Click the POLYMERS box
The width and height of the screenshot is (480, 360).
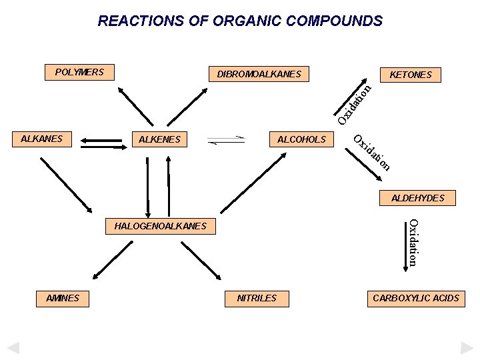click(x=79, y=72)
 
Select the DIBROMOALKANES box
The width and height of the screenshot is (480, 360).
click(x=259, y=74)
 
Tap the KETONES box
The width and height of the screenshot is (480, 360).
click(x=410, y=75)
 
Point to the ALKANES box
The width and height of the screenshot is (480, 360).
click(x=41, y=139)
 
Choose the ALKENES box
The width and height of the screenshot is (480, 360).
click(x=159, y=140)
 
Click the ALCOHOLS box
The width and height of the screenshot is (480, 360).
click(x=301, y=139)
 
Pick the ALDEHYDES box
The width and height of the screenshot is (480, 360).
click(x=417, y=198)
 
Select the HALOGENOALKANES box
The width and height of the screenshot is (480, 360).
click(x=160, y=227)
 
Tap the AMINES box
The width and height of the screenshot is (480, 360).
click(x=63, y=298)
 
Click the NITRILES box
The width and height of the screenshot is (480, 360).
click(x=257, y=298)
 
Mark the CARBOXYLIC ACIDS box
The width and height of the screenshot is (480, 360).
click(x=416, y=298)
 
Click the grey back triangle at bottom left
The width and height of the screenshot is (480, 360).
click(x=13, y=348)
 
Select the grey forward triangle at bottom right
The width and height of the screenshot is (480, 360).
click(x=467, y=348)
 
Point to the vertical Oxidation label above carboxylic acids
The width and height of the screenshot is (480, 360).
click(x=413, y=242)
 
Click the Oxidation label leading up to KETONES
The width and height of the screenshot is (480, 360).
click(x=353, y=103)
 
